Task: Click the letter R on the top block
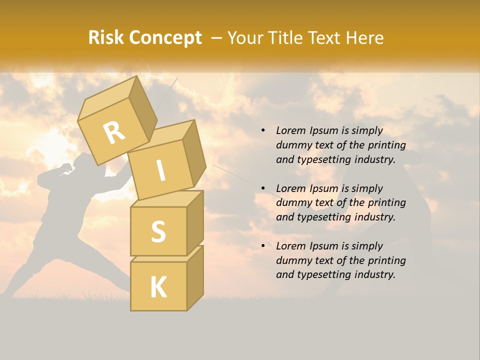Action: (x=114, y=132)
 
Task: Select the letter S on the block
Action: (x=158, y=232)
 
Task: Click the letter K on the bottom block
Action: (x=158, y=287)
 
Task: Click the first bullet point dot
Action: (x=263, y=131)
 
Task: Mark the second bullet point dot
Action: (x=263, y=188)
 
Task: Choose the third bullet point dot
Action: (x=263, y=246)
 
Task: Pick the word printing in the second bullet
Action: (x=386, y=203)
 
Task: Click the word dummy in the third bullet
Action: (x=292, y=260)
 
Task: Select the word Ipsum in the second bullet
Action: (x=322, y=188)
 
